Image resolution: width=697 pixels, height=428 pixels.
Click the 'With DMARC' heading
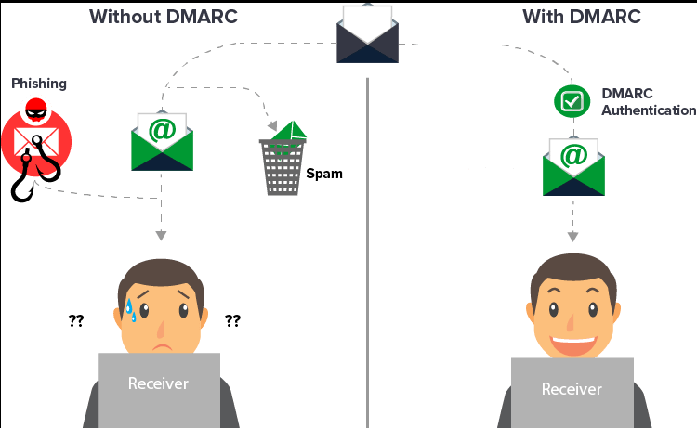tap(581, 17)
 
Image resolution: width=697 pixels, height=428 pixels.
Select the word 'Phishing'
tap(39, 84)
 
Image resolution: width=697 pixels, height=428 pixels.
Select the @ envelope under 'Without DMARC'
tap(163, 141)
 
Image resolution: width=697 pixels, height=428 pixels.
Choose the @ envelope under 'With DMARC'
tap(573, 166)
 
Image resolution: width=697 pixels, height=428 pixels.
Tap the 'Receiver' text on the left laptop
tap(158, 383)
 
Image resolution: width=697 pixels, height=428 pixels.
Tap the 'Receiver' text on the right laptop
tap(572, 389)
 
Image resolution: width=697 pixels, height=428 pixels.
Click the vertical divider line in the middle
tap(368, 232)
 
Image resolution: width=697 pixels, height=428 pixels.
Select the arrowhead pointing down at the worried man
tap(162, 234)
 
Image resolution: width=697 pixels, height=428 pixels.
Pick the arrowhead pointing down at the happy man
tap(572, 237)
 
